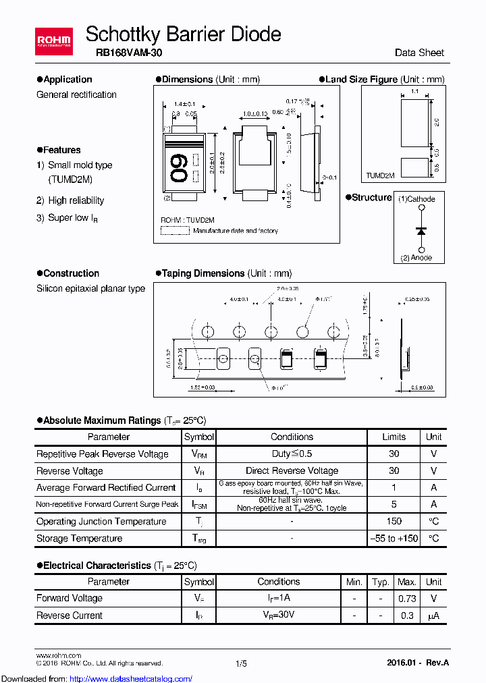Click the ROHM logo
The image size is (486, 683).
click(53, 40)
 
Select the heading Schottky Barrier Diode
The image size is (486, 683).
click(184, 34)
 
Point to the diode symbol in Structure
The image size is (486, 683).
click(422, 231)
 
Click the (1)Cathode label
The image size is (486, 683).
click(416, 199)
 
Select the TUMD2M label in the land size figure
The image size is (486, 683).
click(380, 175)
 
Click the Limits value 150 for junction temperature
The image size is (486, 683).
click(394, 521)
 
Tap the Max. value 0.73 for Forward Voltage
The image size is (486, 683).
click(406, 598)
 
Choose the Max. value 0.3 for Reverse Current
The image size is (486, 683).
click(406, 616)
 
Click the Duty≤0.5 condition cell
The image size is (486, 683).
click(292, 454)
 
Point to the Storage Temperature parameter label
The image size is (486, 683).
click(79, 539)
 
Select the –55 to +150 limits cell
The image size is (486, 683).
click(394, 539)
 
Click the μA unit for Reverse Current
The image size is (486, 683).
click(433, 616)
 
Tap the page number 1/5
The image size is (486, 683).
click(242, 664)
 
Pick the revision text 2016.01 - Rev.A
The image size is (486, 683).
click(418, 664)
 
